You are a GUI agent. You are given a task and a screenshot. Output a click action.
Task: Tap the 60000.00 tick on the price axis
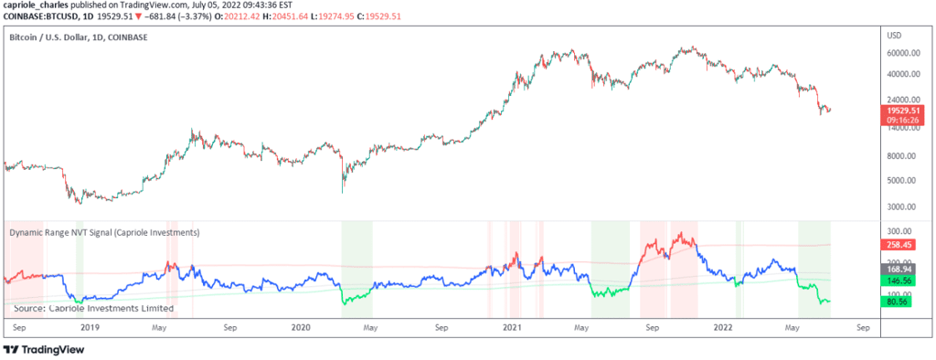pyautogui.click(x=904, y=53)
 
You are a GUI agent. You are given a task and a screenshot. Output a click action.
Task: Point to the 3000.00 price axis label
pyautogui.click(x=906, y=206)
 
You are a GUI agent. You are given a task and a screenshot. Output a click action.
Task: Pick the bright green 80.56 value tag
pyautogui.click(x=899, y=302)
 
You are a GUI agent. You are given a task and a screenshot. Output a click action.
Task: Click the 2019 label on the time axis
pyautogui.click(x=90, y=328)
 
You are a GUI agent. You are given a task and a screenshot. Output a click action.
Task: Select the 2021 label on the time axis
pyautogui.click(x=512, y=328)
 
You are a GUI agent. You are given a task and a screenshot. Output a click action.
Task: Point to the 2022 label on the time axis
pyautogui.click(x=724, y=328)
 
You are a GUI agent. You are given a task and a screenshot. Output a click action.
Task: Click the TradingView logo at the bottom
pyautogui.click(x=44, y=350)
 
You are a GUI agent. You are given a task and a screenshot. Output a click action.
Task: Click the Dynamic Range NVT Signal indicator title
pyautogui.click(x=104, y=232)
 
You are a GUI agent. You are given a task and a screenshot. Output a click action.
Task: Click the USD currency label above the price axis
pyautogui.click(x=894, y=36)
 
